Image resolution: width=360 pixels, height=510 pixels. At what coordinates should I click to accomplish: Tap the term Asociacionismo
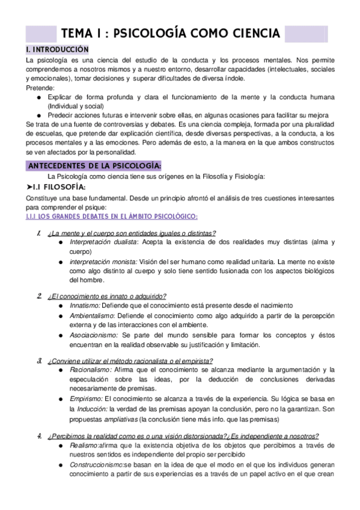(94, 335)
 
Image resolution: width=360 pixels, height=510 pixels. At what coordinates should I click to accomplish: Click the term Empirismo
(87, 398)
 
